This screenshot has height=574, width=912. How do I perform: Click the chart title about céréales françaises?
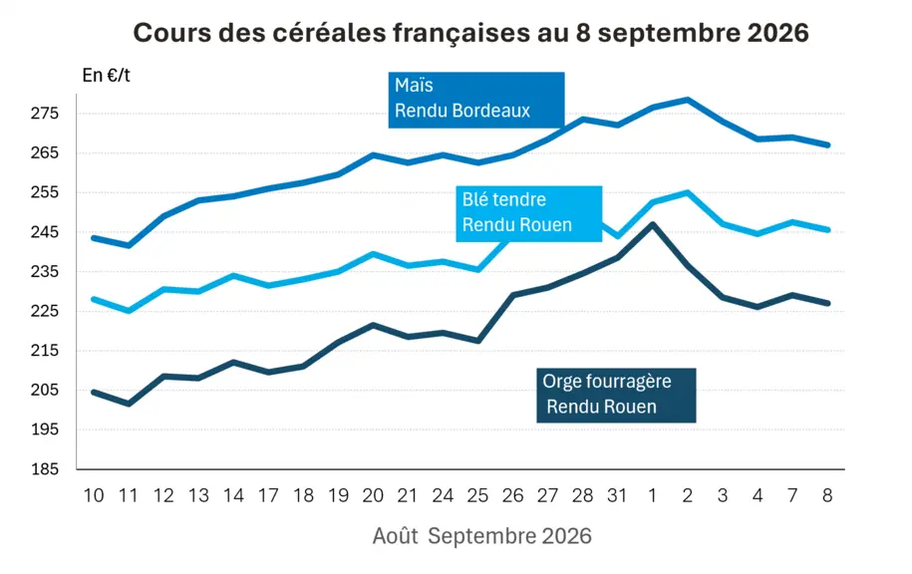click(x=470, y=33)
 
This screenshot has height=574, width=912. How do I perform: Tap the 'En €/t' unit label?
click(x=106, y=76)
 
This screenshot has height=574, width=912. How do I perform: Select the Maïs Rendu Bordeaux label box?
click(x=476, y=100)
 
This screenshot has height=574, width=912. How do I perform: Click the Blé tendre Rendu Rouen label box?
click(x=528, y=213)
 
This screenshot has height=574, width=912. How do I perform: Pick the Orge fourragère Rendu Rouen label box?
click(x=616, y=395)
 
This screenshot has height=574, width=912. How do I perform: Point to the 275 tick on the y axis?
click(x=45, y=113)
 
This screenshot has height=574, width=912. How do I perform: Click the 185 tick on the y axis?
click(x=45, y=468)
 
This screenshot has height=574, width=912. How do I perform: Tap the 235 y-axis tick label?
click(x=45, y=272)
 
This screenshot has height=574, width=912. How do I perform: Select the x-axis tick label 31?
click(x=617, y=495)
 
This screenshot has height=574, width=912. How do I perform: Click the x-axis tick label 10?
click(x=94, y=495)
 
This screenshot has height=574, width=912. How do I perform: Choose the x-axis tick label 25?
click(x=477, y=495)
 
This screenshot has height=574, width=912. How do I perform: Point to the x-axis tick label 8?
click(x=827, y=495)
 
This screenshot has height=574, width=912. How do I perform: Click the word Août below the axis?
click(x=395, y=535)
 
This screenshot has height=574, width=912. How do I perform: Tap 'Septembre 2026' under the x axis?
click(x=509, y=535)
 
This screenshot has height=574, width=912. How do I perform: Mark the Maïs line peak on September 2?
click(x=688, y=100)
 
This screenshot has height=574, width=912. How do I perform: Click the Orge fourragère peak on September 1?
click(x=653, y=224)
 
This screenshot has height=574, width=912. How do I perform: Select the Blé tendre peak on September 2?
click(x=688, y=192)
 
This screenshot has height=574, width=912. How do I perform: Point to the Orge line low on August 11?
click(x=129, y=404)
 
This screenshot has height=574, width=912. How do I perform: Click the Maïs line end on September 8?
click(x=827, y=144)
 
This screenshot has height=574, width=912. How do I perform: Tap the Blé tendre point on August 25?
click(x=477, y=269)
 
